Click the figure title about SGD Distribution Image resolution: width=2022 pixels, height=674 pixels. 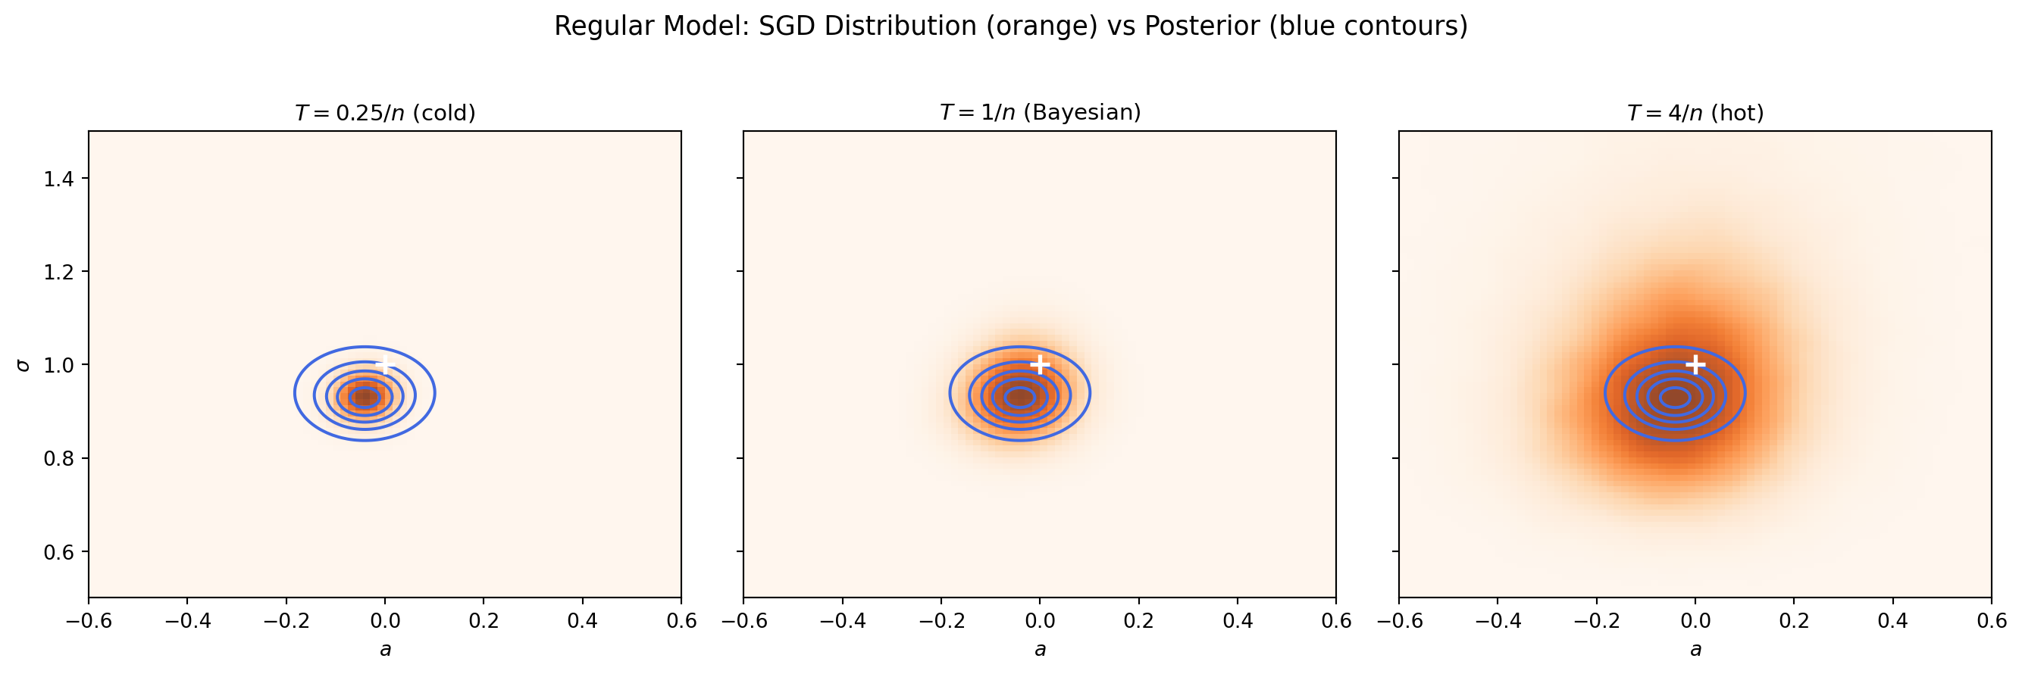(x=1010, y=26)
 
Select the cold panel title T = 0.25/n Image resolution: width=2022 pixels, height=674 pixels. (x=385, y=113)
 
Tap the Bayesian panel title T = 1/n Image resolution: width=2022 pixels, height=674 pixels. (x=1039, y=113)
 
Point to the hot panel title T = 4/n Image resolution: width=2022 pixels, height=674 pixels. (x=1695, y=113)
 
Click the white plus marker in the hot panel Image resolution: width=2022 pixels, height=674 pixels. (x=1695, y=365)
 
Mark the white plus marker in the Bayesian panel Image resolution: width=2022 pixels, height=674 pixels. (x=1039, y=365)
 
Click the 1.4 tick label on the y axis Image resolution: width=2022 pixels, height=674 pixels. (x=59, y=179)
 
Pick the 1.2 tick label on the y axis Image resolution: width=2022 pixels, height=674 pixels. (x=59, y=273)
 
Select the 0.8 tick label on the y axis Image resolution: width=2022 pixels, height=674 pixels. (x=59, y=458)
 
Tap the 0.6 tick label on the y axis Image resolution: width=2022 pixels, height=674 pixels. (x=59, y=551)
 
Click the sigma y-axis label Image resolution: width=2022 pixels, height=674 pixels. (x=23, y=365)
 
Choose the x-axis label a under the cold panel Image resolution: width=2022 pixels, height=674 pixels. (x=385, y=650)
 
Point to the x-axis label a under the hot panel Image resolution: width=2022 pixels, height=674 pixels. (x=1695, y=650)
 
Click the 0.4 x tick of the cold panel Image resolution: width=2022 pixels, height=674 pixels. (x=581, y=622)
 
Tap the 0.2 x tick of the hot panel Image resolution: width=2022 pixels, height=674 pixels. (x=1794, y=622)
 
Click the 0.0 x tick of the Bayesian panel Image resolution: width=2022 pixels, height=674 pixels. (x=1039, y=622)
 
